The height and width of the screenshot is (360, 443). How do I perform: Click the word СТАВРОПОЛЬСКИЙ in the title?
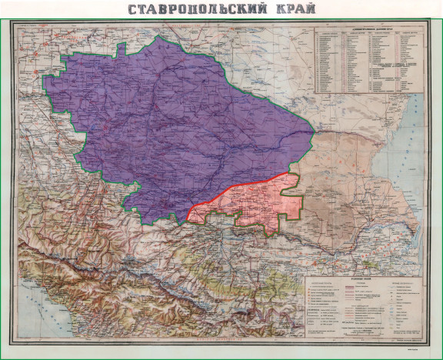pyautogui.click(x=192, y=9)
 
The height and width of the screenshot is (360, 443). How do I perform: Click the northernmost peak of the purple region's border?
pyautogui.click(x=164, y=36)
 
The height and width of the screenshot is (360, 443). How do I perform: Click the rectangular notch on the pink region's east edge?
pyautogui.click(x=291, y=195)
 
